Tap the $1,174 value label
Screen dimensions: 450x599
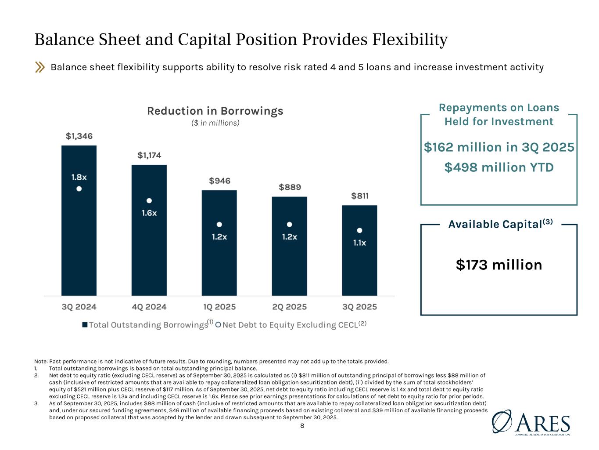tap(149, 155)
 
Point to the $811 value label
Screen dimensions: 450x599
tap(360, 196)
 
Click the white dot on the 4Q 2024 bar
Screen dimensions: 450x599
tap(149, 200)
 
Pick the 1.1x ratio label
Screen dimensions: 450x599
tap(359, 243)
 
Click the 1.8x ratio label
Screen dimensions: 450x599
tap(79, 177)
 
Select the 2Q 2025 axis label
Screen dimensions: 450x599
tap(289, 307)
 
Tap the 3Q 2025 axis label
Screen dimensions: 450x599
tap(359, 307)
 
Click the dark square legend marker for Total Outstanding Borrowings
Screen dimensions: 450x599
tap(85, 325)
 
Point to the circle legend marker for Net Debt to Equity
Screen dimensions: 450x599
tap(218, 325)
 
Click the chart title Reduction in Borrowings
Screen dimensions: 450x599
tap(215, 111)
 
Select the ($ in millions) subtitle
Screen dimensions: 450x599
tap(215, 123)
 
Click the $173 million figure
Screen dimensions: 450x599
tap(499, 265)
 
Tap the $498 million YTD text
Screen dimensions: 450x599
tap(499, 167)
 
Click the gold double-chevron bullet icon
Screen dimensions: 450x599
tap(40, 67)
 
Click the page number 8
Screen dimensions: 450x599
tap(302, 425)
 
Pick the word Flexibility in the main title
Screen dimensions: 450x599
tap(410, 40)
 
